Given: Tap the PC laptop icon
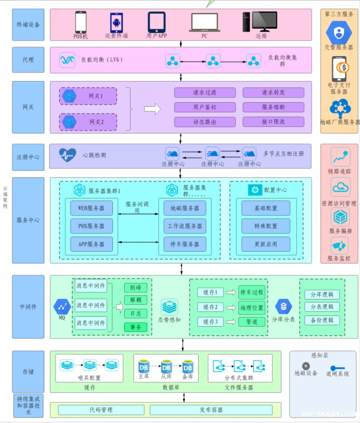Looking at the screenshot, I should pyautogui.click(x=205, y=22).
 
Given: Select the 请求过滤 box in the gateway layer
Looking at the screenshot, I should pyautogui.click(x=204, y=93).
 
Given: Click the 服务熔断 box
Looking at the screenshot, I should pyautogui.click(x=273, y=107).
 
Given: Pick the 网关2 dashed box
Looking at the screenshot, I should pyautogui.click(x=88, y=122).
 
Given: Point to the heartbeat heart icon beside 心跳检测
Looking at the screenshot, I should pyautogui.click(x=67, y=155).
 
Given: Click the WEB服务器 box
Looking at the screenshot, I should pyautogui.click(x=91, y=208).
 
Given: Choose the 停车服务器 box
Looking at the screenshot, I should pyautogui.click(x=184, y=244).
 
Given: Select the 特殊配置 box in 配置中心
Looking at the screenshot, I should pyautogui.click(x=266, y=226).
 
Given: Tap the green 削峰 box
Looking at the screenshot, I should pyautogui.click(x=135, y=288).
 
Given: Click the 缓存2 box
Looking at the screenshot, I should pyautogui.click(x=210, y=307).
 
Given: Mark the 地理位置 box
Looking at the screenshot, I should pyautogui.click(x=252, y=307).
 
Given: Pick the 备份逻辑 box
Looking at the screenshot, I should pyautogui.click(x=322, y=320).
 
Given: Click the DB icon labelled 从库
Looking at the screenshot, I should pyautogui.click(x=166, y=366).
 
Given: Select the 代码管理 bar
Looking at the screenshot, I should pyautogui.click(x=100, y=409).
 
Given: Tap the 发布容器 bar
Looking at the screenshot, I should pyautogui.click(x=210, y=409).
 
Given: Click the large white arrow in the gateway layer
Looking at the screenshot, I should pyautogui.click(x=153, y=108).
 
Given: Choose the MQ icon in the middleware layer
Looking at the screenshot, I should pyautogui.click(x=61, y=306).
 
